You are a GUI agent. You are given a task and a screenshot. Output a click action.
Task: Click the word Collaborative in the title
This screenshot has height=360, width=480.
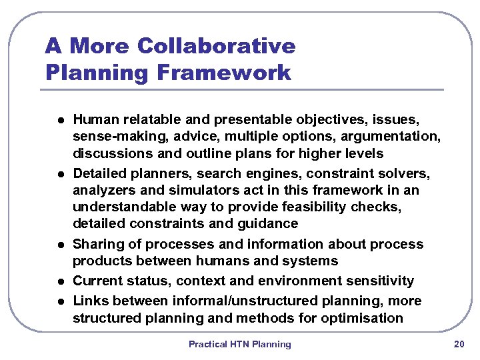coord(216,46)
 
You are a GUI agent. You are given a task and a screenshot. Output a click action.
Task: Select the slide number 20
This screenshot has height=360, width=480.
coord(459,344)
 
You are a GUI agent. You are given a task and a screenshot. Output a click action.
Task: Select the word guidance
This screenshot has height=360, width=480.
coord(266,223)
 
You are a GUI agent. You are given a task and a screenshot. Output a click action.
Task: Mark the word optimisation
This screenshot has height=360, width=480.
coord(363,317)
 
